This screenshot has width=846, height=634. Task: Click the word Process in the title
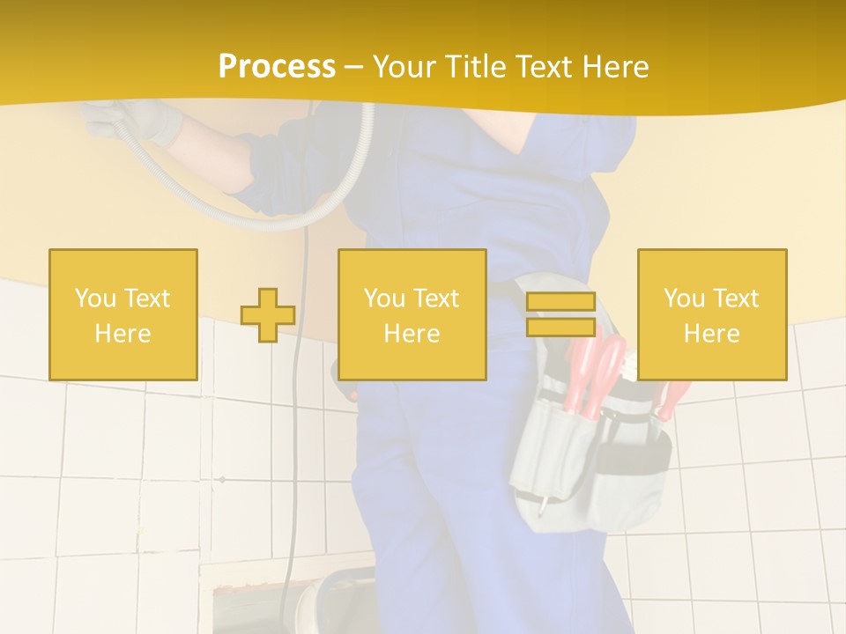277,67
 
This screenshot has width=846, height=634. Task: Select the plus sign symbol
268,314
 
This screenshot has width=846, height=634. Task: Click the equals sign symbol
560,314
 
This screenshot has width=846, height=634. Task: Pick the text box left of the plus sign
123,314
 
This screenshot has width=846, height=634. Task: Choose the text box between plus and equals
412,314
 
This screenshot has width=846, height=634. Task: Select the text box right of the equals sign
712,314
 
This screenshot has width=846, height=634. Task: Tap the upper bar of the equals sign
560,301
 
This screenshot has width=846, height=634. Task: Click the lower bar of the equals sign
560,328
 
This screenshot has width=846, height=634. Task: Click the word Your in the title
404,67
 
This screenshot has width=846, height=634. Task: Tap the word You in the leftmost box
94,299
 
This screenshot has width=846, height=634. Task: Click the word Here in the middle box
412,334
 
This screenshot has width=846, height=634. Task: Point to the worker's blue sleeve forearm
282,158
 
